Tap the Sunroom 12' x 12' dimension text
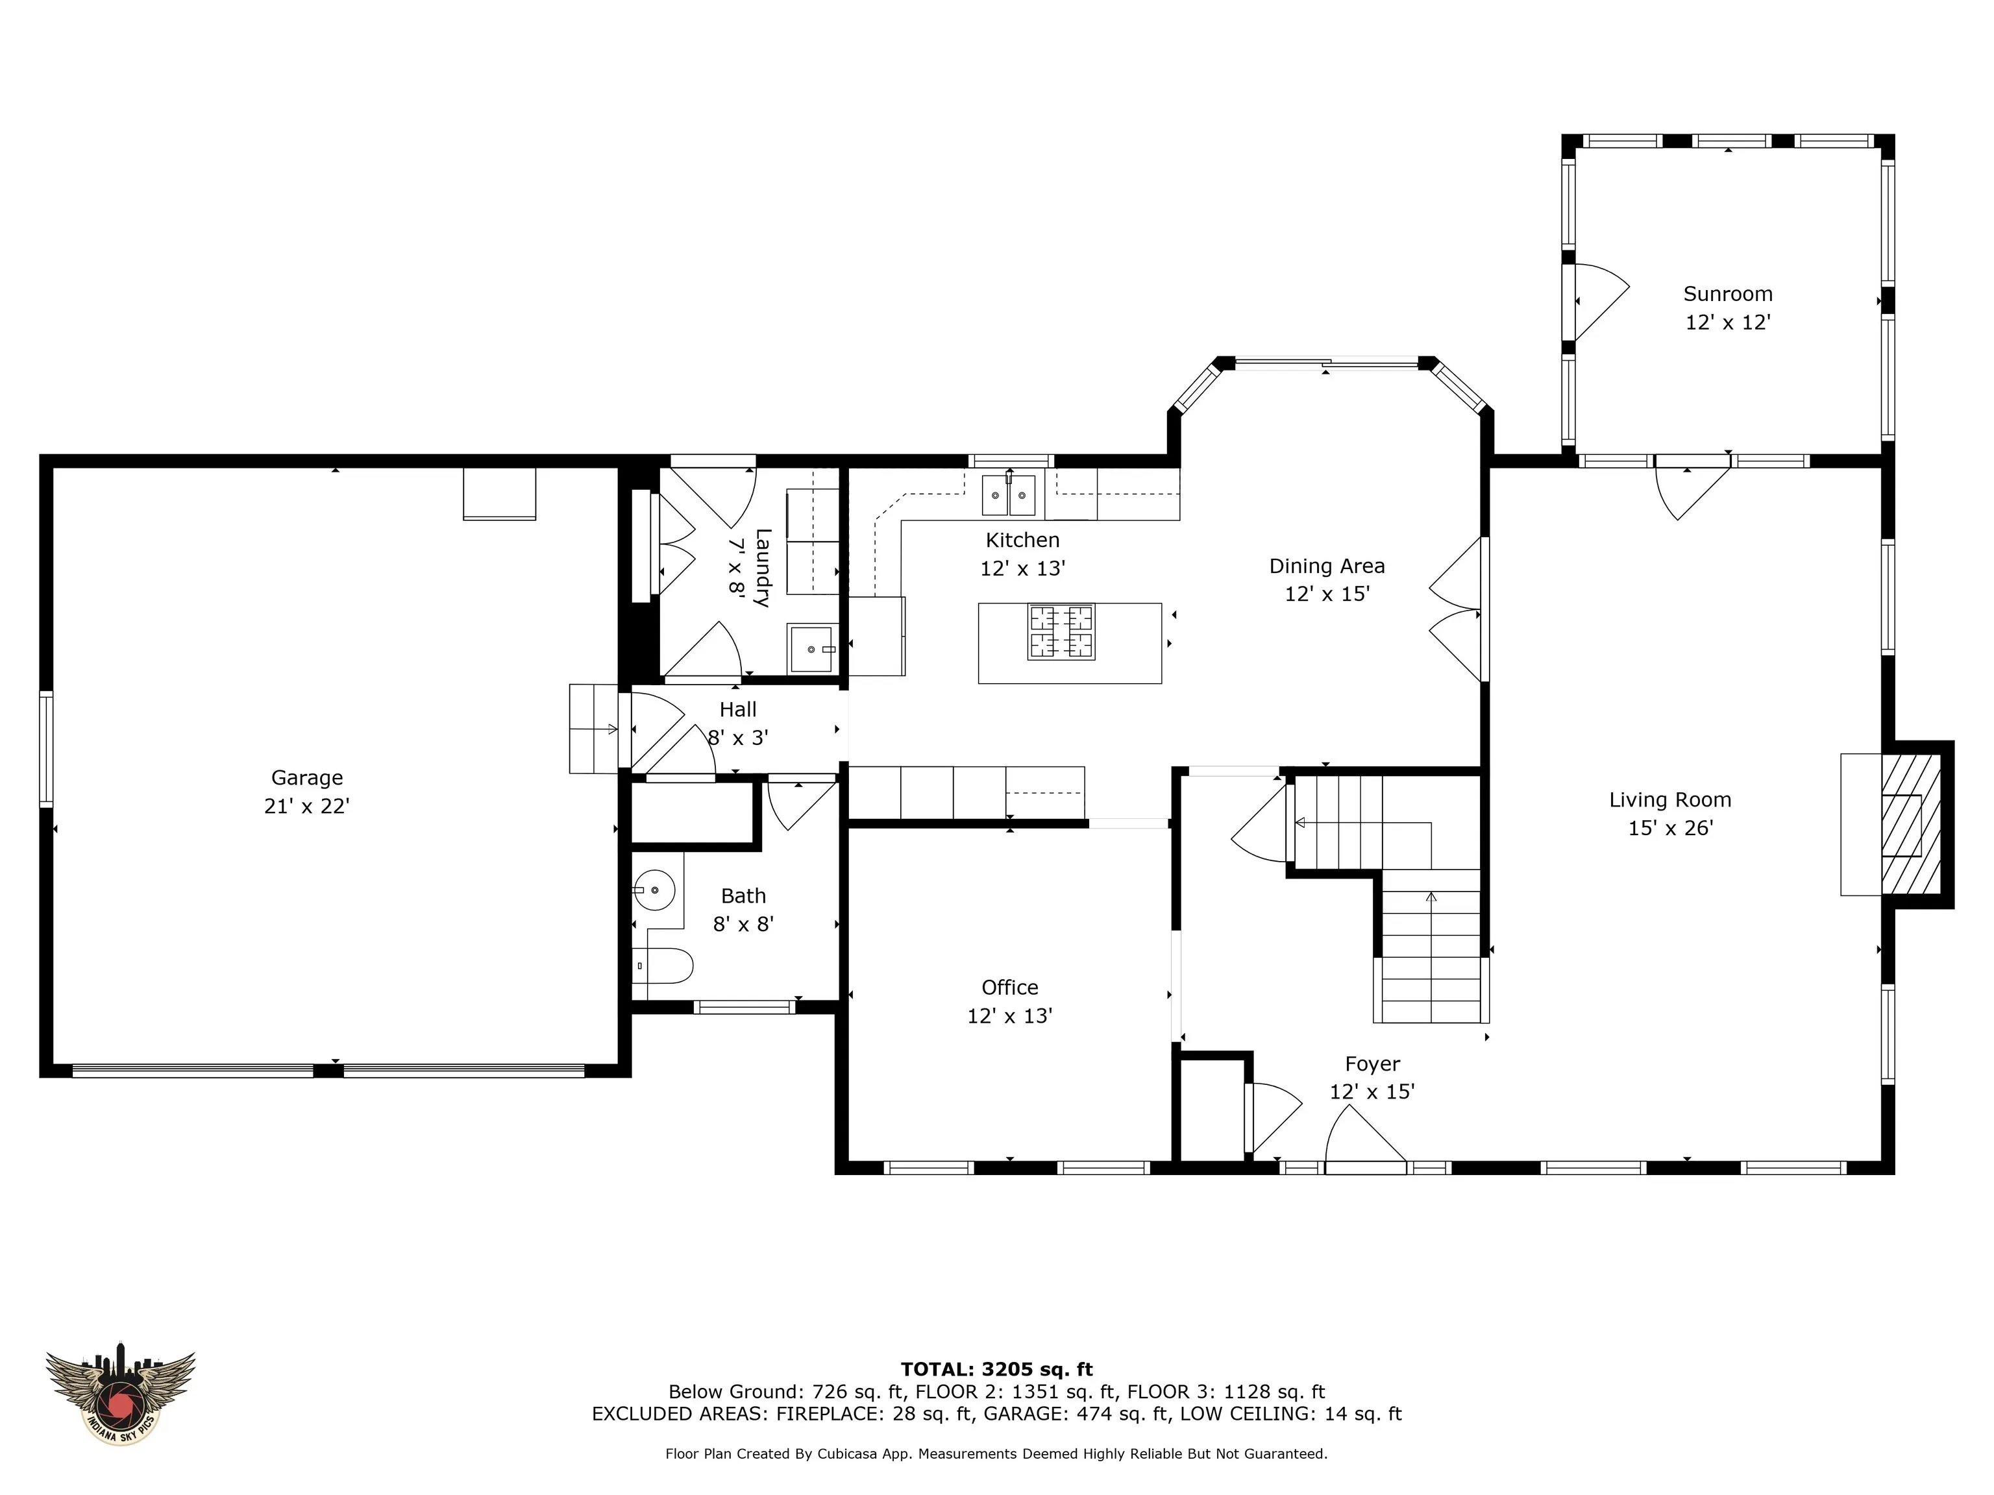click(1728, 322)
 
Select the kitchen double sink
click(1009, 494)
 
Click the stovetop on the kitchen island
click(1062, 632)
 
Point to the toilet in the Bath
click(663, 966)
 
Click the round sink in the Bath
click(654, 890)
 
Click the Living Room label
click(1670, 799)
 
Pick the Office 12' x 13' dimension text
click(1009, 1015)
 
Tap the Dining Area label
click(1327, 566)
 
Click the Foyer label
click(1372, 1064)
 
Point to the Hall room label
click(737, 709)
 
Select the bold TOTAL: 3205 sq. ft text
click(997, 1370)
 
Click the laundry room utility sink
click(813, 649)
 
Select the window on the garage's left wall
click(46, 748)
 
